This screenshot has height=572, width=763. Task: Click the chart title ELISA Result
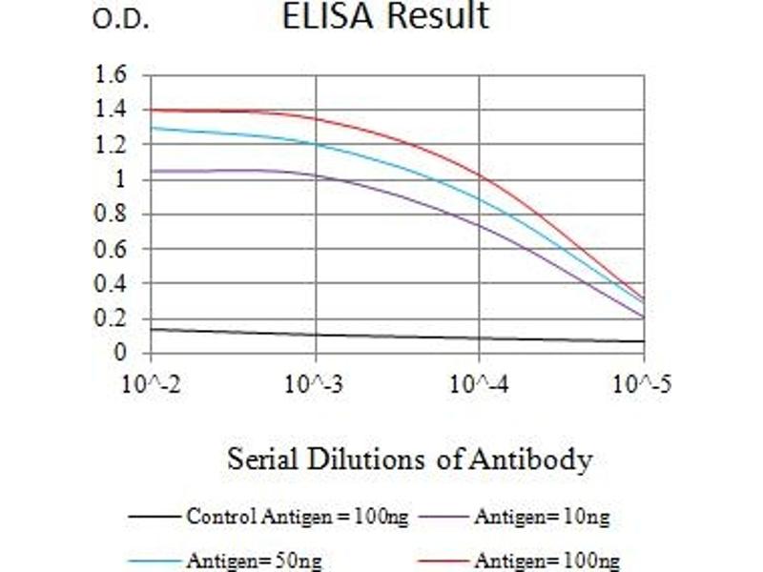[x=385, y=17]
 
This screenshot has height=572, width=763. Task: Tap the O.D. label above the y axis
[x=120, y=21]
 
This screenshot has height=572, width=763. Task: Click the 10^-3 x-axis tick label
[x=316, y=385]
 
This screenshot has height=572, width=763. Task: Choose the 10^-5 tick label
[x=640, y=385]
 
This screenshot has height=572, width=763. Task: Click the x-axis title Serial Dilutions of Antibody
[x=409, y=460]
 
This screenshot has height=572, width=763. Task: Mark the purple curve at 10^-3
[x=316, y=175]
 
